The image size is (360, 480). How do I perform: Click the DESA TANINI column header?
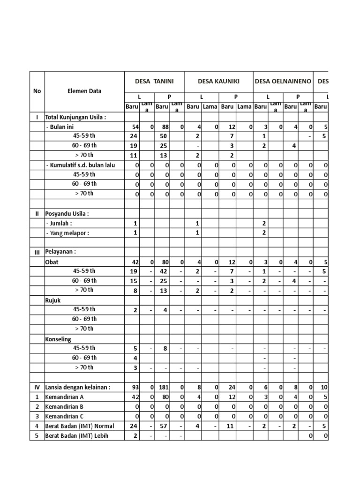[x=154, y=81]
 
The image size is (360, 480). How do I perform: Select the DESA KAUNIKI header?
[x=218, y=81]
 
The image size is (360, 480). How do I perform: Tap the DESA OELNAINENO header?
[x=283, y=81]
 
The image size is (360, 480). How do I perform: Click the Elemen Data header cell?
[x=84, y=91]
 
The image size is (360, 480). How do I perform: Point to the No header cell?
[x=37, y=91]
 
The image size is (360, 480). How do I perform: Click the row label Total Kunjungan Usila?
[x=75, y=117]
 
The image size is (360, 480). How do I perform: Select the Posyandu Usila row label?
[x=67, y=214]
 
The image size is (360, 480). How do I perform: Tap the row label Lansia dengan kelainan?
[x=78, y=387]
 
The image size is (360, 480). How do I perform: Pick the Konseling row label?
[x=58, y=338]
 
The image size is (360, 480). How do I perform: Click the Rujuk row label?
[x=53, y=300]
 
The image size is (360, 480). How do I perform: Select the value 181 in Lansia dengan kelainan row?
[x=162, y=387]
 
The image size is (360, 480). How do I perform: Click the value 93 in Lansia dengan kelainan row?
[x=134, y=387]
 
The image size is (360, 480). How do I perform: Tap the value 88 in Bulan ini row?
[x=163, y=127]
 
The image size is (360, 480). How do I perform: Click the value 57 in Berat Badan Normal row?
[x=163, y=426]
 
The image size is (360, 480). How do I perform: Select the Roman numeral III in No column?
[x=37, y=252]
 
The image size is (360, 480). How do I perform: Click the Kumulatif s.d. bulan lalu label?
[x=80, y=165]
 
